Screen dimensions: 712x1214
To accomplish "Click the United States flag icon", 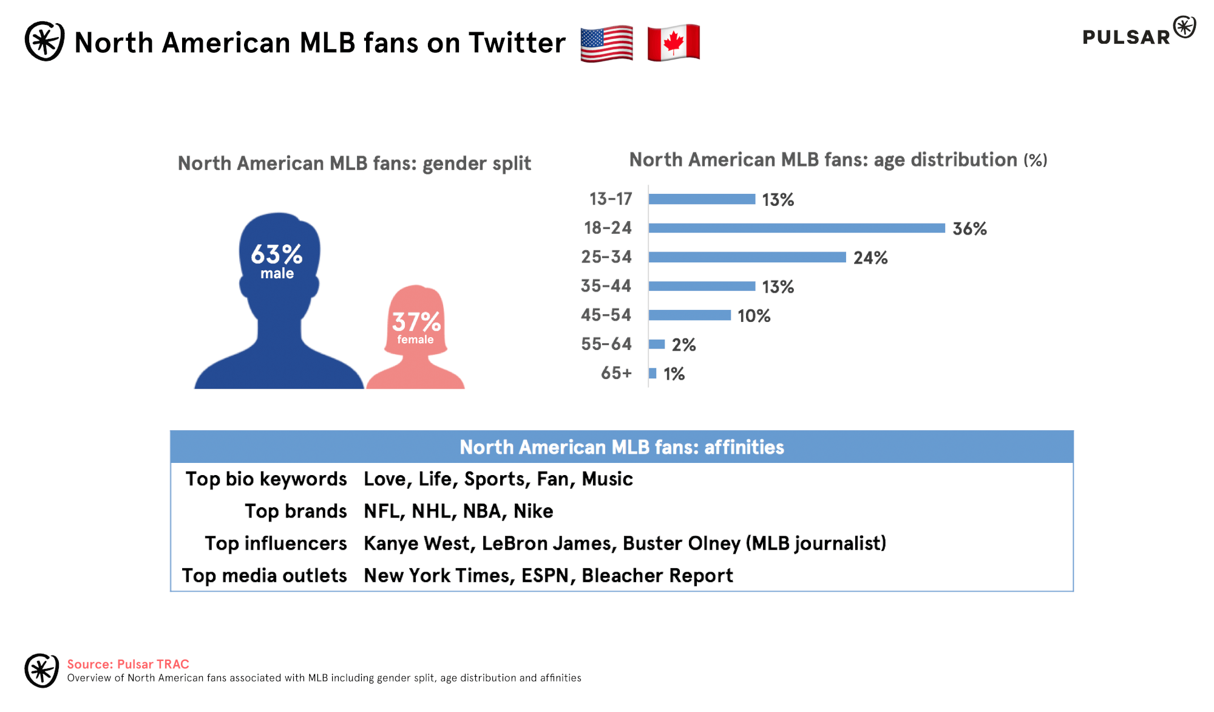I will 606,43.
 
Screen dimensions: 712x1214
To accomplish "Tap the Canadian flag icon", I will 673,43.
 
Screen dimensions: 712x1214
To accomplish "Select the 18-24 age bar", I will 796,228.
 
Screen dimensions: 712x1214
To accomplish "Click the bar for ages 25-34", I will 747,257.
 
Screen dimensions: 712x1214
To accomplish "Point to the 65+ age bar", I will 653,373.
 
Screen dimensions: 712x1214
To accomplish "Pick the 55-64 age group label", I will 606,344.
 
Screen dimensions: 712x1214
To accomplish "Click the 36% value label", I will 969,229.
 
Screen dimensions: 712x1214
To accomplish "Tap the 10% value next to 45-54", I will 753,316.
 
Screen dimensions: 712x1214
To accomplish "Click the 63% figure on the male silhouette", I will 277,255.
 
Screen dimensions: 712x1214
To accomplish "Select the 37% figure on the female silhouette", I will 416,322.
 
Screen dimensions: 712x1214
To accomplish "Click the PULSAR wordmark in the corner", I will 1126,37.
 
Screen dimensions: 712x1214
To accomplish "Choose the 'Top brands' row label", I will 296,511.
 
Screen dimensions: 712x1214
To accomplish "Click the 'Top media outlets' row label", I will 264,575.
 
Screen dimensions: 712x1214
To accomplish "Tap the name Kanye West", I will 418,543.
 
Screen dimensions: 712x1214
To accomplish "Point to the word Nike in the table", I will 533,511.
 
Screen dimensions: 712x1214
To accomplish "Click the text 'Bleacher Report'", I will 657,575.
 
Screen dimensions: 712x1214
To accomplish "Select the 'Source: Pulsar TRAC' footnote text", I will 128,664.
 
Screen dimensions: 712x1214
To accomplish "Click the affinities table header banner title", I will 622,447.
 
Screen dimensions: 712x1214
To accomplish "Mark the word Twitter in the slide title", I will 517,43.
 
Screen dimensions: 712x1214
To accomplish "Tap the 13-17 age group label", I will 610,199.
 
